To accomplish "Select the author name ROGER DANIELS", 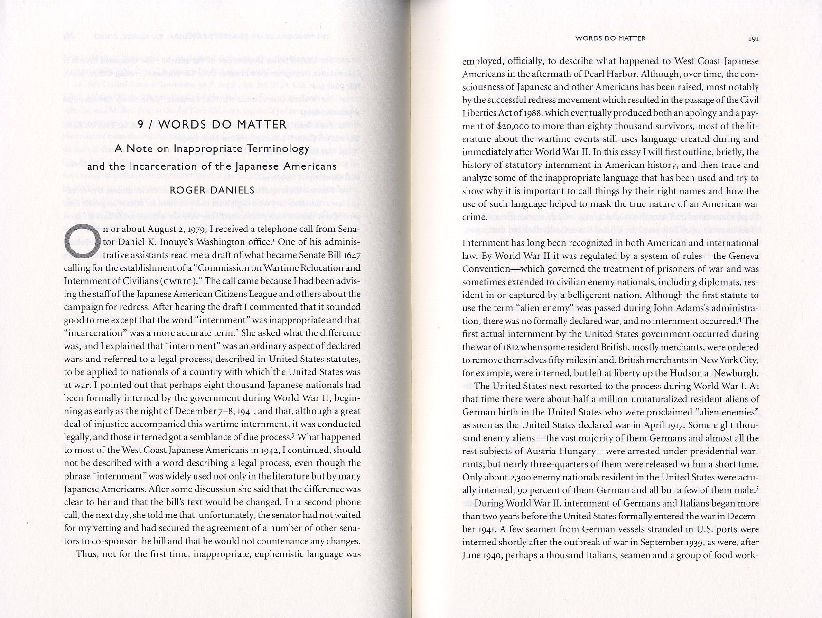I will coord(212,190).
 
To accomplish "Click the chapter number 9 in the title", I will coord(140,125).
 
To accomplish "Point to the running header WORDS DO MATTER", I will coord(610,38).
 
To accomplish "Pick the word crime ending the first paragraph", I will coord(474,217).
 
